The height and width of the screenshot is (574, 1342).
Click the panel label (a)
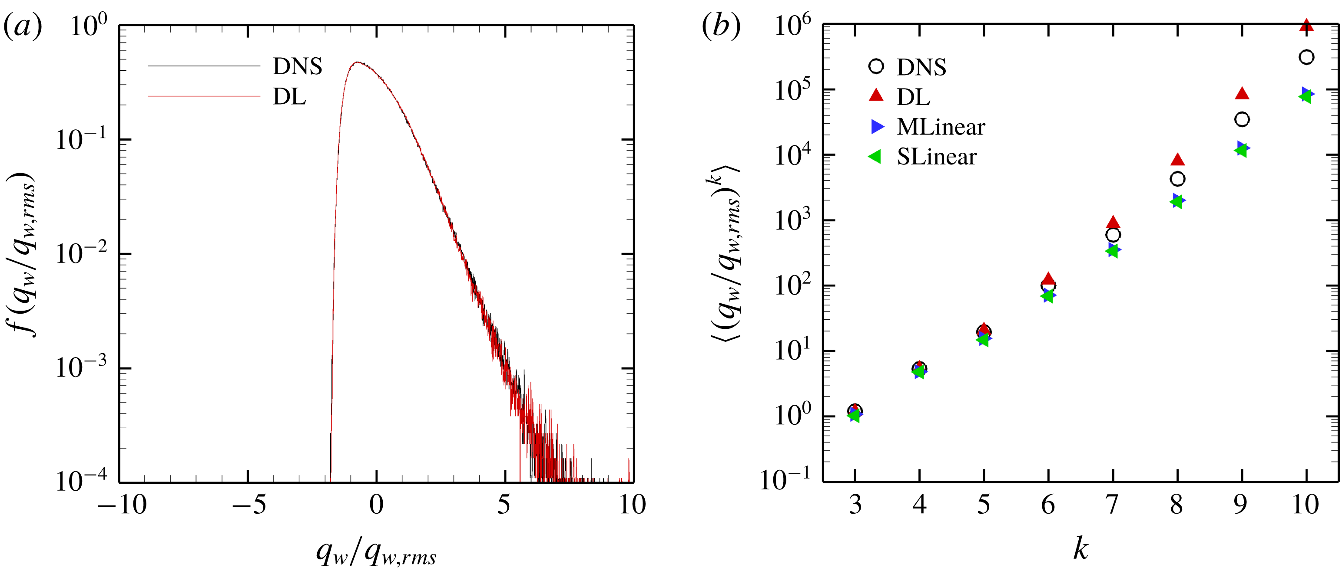pos(23,26)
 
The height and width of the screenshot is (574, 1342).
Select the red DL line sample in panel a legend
pos(204,96)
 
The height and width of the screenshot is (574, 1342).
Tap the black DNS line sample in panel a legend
pos(204,66)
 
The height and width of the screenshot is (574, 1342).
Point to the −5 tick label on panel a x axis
pos(249,505)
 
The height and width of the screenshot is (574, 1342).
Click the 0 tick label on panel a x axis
pos(376,505)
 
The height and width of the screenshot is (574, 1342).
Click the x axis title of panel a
pos(376,553)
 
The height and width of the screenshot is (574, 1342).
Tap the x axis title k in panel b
pos(1080,549)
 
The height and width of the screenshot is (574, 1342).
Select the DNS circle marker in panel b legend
pos(876,67)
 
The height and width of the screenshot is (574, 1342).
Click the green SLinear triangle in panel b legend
pos(875,156)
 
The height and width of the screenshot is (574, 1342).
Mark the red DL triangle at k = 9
pos(1242,94)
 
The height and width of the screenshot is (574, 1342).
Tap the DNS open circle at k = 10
pos(1306,57)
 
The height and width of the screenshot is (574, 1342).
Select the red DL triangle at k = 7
pos(1113,223)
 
